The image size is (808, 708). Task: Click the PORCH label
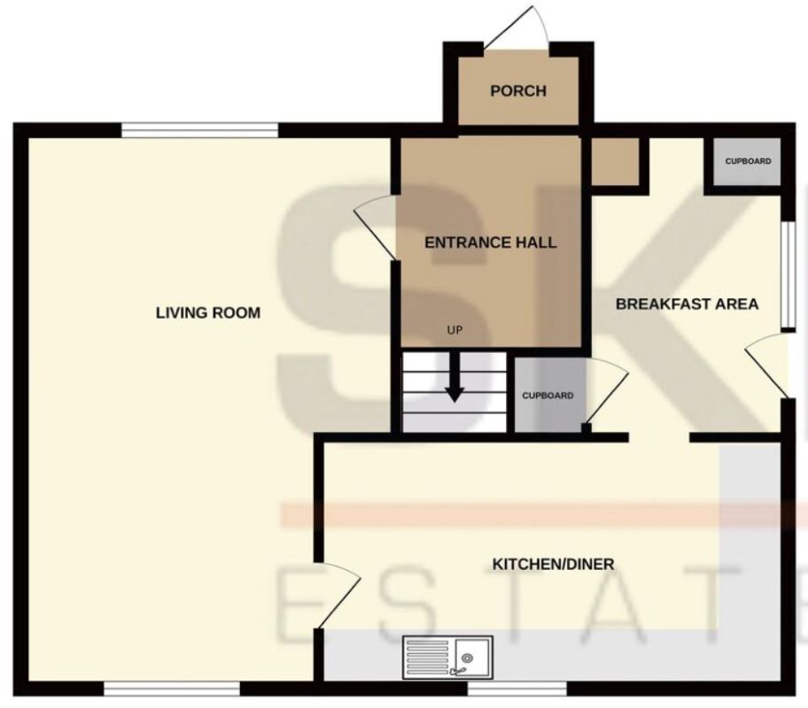click(518, 91)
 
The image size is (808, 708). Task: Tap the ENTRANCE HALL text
click(491, 242)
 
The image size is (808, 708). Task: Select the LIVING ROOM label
click(208, 312)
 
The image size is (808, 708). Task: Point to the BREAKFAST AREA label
click(687, 304)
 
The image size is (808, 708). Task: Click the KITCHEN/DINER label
click(554, 564)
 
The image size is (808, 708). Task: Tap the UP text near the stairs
click(454, 330)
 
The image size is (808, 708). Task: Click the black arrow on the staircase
click(454, 377)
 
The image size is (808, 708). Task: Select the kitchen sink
click(447, 657)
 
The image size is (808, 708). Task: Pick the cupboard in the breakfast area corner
click(747, 162)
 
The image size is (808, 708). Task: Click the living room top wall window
click(200, 130)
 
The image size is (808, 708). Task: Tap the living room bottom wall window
click(172, 689)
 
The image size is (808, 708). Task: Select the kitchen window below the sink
click(517, 689)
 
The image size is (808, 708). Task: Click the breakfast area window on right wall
click(789, 275)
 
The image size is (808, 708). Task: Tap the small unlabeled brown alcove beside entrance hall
click(615, 162)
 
